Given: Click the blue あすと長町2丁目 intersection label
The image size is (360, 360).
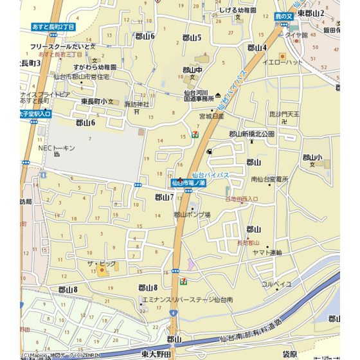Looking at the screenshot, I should [54, 28].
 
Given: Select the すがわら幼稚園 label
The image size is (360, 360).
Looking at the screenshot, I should [94, 67].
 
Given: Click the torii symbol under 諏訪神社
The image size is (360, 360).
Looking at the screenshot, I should [136, 111].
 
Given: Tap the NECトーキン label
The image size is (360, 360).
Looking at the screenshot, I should [57, 148].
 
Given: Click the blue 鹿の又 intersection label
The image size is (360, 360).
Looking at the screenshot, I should [283, 15].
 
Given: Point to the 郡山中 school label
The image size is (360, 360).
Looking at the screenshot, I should [192, 70].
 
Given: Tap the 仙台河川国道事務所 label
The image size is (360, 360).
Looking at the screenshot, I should [199, 96].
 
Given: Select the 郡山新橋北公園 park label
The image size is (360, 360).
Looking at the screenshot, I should [251, 134].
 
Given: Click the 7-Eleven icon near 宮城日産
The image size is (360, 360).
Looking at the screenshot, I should [194, 132].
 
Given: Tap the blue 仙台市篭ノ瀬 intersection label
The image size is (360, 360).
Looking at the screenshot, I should [188, 183].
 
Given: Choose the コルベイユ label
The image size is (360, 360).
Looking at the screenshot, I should [276, 283].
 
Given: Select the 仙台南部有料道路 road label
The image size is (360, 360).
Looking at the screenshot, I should [251, 332].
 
